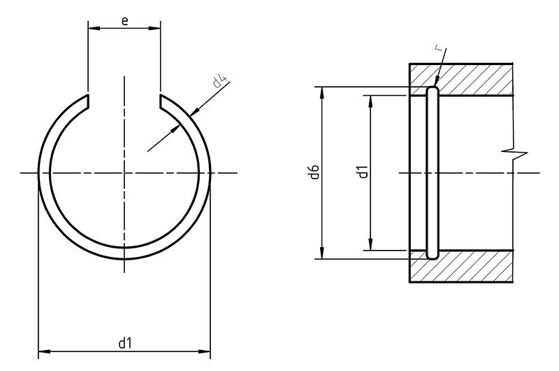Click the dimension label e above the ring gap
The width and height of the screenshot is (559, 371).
click(124, 20)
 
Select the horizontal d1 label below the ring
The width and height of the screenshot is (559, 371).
click(124, 342)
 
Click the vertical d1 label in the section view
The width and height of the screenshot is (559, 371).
click(362, 172)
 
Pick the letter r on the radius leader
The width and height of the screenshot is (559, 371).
click(436, 49)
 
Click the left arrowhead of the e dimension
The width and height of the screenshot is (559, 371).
click(92, 29)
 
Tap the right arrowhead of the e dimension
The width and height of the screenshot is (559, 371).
click(157, 29)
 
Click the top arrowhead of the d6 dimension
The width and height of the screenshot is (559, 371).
click(322, 91)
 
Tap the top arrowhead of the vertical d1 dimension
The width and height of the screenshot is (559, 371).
click(370, 100)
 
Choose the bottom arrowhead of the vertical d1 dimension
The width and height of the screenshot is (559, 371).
click(370, 246)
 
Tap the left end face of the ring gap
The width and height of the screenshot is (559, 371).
click(89, 102)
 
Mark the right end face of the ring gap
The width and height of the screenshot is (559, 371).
click(160, 102)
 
